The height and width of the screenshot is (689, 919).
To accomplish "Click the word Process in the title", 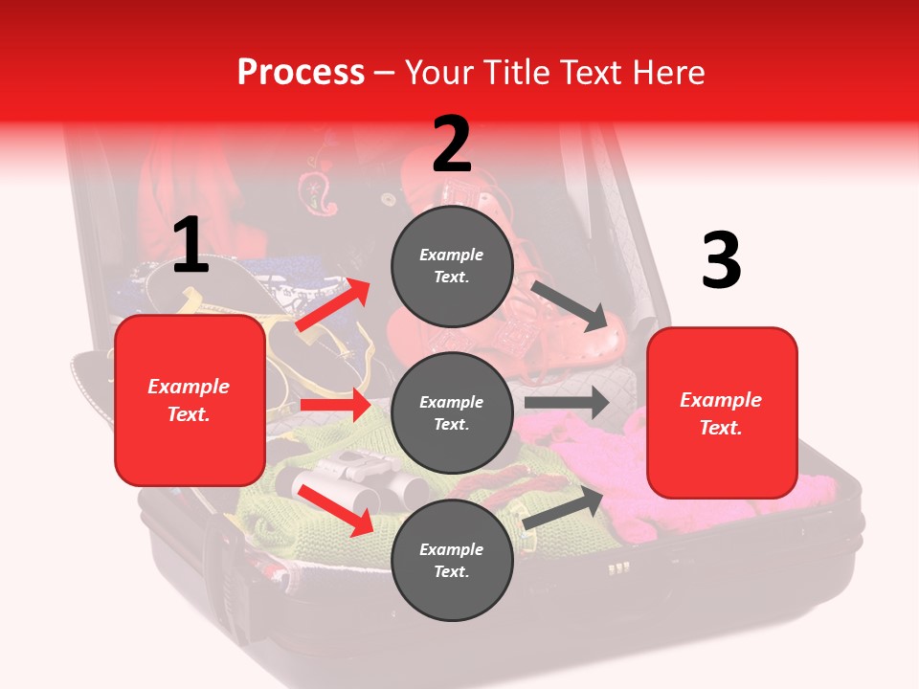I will click(x=301, y=73).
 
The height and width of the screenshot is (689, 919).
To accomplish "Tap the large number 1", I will click(x=191, y=245).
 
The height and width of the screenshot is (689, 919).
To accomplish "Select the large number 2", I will click(x=452, y=144).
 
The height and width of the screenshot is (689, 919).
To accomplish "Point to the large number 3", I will click(x=721, y=261).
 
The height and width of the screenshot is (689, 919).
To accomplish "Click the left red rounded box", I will click(x=190, y=400).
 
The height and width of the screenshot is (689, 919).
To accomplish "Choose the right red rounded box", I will click(x=722, y=412).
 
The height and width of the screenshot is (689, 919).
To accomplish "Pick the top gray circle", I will click(x=452, y=266).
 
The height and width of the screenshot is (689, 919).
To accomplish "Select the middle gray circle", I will click(x=452, y=413).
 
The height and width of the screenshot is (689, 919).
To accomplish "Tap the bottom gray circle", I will click(x=452, y=561).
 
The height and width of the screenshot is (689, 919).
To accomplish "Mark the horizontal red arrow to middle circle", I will click(x=335, y=405).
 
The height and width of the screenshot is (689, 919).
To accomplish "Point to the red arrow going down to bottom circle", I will click(x=335, y=510).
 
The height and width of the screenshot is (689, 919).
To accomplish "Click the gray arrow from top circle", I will click(x=572, y=305).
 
